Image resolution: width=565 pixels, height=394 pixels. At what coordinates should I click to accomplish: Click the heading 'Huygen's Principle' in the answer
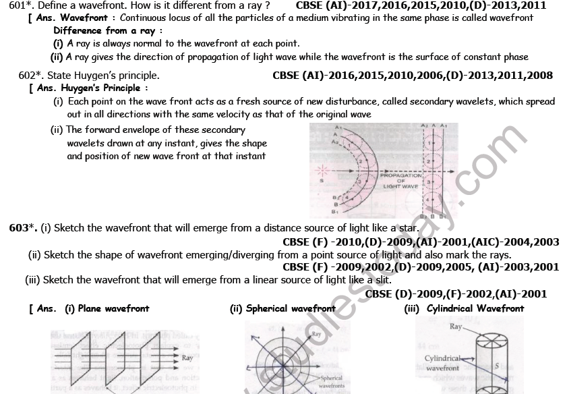point(100,88)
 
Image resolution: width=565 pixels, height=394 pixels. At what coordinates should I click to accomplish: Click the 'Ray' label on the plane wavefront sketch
point(187,358)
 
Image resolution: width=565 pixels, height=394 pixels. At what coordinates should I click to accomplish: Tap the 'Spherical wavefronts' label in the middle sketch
point(331,382)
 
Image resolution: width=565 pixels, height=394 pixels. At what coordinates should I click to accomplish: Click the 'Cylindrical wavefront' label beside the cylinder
point(442,363)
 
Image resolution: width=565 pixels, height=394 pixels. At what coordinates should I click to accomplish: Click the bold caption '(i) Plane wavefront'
point(107,308)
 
